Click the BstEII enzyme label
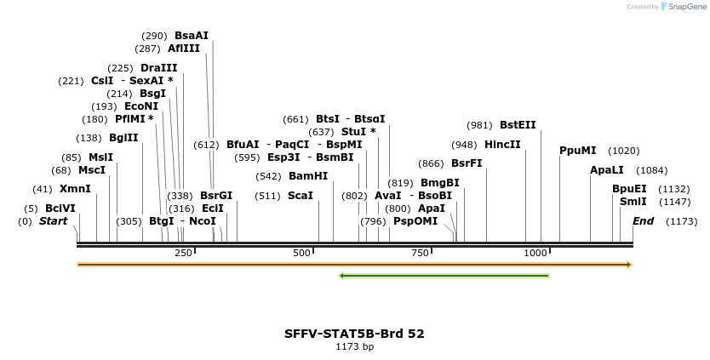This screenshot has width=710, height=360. pos(518,124)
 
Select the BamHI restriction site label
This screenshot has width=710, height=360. pos(308,176)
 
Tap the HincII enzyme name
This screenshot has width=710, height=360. pos(502,145)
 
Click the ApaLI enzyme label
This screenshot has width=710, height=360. pos(607,170)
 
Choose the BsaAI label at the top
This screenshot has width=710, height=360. pos(192,36)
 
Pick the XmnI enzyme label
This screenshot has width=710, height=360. pos(75,189)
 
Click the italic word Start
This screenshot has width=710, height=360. pos(53,221)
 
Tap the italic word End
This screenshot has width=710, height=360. pos(643,221)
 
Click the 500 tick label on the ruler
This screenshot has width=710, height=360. pos(301,253)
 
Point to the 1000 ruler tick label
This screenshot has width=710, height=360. pos(535,253)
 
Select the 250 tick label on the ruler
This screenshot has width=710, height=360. pos(183,253)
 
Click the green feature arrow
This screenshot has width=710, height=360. pos(444,276)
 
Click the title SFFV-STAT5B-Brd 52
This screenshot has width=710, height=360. pos(354,334)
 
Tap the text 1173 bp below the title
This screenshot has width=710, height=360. pos(354,347)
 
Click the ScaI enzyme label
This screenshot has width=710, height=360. pos(301,196)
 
